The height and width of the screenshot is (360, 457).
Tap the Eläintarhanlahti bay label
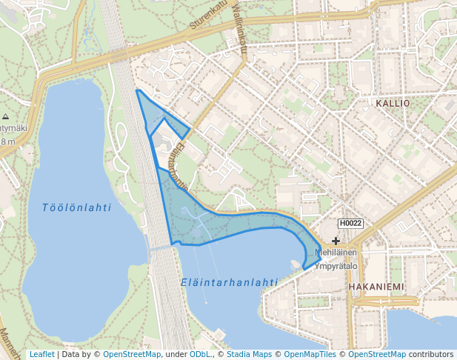[229, 282]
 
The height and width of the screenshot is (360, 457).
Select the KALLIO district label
[392, 104]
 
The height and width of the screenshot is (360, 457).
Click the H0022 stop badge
[350, 223]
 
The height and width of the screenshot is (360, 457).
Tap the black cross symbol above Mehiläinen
[336, 241]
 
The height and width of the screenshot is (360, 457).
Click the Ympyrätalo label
[336, 265]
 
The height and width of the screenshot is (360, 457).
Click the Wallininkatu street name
[238, 27]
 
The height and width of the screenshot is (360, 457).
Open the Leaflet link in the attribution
[41, 354]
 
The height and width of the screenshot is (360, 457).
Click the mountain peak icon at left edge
[5, 117]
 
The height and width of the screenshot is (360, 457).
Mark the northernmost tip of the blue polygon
[137, 90]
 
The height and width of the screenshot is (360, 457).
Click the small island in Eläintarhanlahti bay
[296, 263]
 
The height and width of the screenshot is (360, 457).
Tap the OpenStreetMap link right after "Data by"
[132, 354]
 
